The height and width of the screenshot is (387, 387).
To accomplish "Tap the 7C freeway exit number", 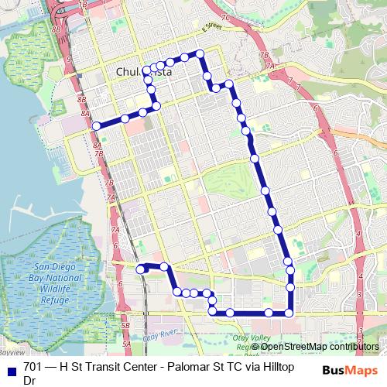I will [x=225, y=16].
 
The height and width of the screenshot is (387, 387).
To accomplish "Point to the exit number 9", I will [x=69, y=59].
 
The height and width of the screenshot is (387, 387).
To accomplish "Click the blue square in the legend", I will [x=11, y=369].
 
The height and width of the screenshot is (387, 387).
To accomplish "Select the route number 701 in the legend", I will [x=33, y=369].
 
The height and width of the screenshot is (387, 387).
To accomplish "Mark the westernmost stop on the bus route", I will [x=96, y=126].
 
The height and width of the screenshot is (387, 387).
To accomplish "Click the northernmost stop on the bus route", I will [x=200, y=53].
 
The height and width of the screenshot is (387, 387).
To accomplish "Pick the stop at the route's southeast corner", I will [x=289, y=313].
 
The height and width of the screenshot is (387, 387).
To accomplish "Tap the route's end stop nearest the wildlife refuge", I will [x=141, y=269].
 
